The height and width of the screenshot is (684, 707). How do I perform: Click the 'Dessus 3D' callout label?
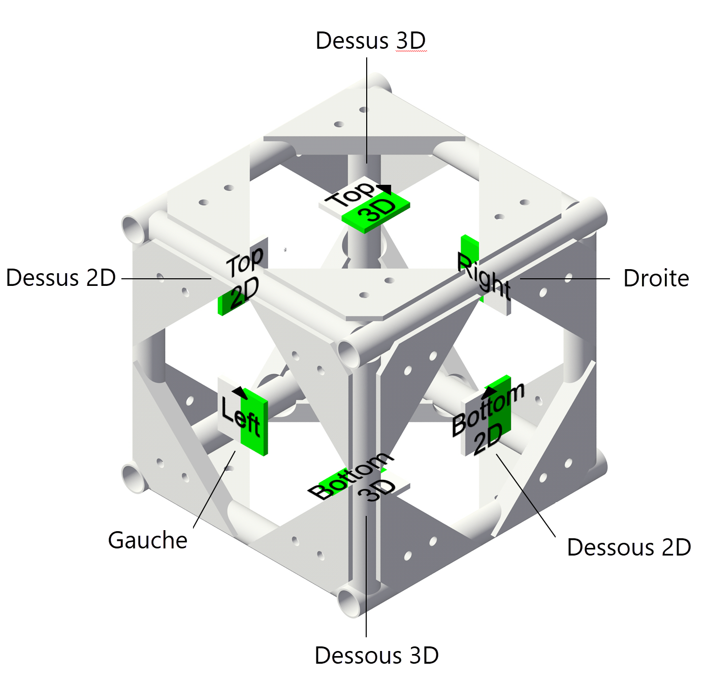point(370,41)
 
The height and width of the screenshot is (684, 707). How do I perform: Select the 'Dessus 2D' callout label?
point(61,278)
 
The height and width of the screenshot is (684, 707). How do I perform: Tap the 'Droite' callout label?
point(656,279)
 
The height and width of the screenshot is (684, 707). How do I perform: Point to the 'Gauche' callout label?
point(148,540)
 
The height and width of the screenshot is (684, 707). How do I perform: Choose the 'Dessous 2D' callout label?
point(629,548)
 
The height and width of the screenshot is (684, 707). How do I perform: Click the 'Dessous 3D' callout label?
point(376,656)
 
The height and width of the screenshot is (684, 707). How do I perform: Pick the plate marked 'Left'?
point(243,416)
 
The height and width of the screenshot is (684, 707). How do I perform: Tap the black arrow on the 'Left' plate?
point(239,393)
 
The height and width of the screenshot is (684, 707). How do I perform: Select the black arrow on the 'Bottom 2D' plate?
point(489,390)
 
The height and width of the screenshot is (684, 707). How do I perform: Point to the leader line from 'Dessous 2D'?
point(526,495)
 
